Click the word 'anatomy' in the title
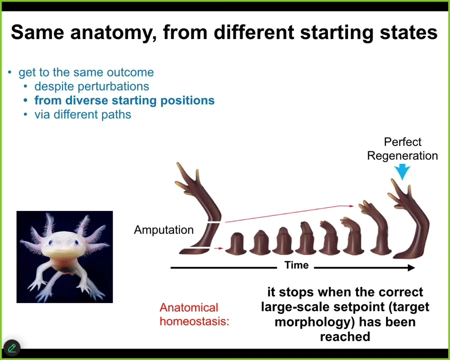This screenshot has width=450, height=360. click(113, 32)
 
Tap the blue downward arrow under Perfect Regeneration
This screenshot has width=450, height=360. click(402, 171)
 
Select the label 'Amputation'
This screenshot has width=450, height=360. click(163, 230)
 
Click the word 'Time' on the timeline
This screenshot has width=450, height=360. click(296, 265)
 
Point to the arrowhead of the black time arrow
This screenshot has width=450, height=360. click(411, 268)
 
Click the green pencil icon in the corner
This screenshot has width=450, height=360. click(12, 348)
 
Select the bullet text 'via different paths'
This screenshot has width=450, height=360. click(82, 114)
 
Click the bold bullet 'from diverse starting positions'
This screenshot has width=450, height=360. click(124, 100)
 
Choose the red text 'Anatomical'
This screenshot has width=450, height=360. click(189, 307)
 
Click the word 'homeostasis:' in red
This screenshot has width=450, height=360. click(194, 321)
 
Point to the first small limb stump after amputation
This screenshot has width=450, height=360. click(236, 243)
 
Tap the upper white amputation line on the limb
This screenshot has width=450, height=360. click(214, 222)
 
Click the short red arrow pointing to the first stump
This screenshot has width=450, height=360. click(219, 248)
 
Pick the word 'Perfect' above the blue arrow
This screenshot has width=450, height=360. click(402, 142)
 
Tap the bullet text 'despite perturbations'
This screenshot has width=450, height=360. click(92, 86)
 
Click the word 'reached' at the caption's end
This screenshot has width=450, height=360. click(345, 336)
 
